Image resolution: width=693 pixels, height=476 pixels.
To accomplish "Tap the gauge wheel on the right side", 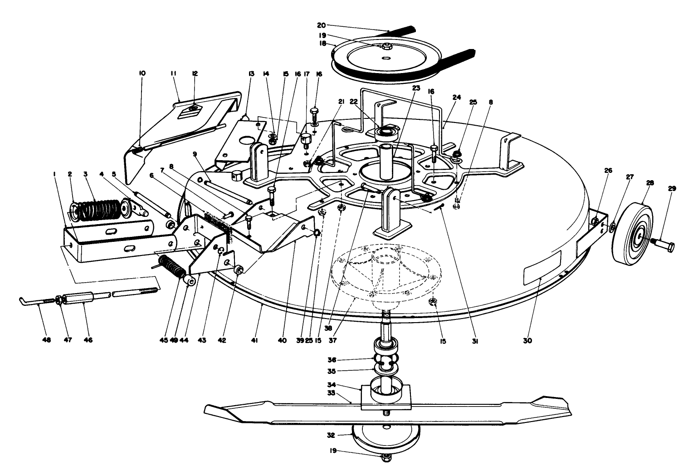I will click(634, 234).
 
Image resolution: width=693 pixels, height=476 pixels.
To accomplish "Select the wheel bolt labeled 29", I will click(663, 246).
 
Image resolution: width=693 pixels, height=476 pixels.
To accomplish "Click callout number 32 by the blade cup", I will click(344, 434).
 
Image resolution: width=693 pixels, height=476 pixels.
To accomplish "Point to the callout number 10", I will click(142, 73).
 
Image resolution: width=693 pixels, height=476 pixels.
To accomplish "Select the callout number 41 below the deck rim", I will click(254, 339).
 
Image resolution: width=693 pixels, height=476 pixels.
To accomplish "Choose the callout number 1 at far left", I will click(54, 174).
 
